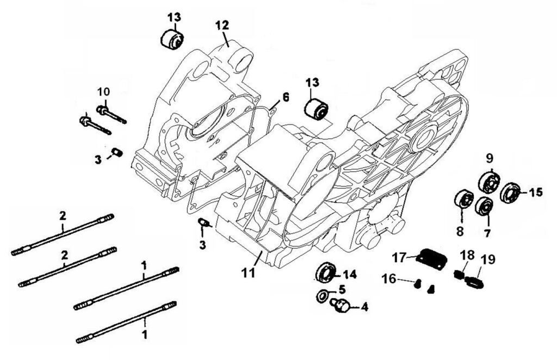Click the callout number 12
(x=222, y=25)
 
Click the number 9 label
(x=489, y=158)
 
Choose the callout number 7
(x=486, y=233)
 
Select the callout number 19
(x=488, y=259)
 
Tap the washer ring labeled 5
(x=322, y=296)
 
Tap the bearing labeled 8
(x=463, y=200)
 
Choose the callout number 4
(x=364, y=307)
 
